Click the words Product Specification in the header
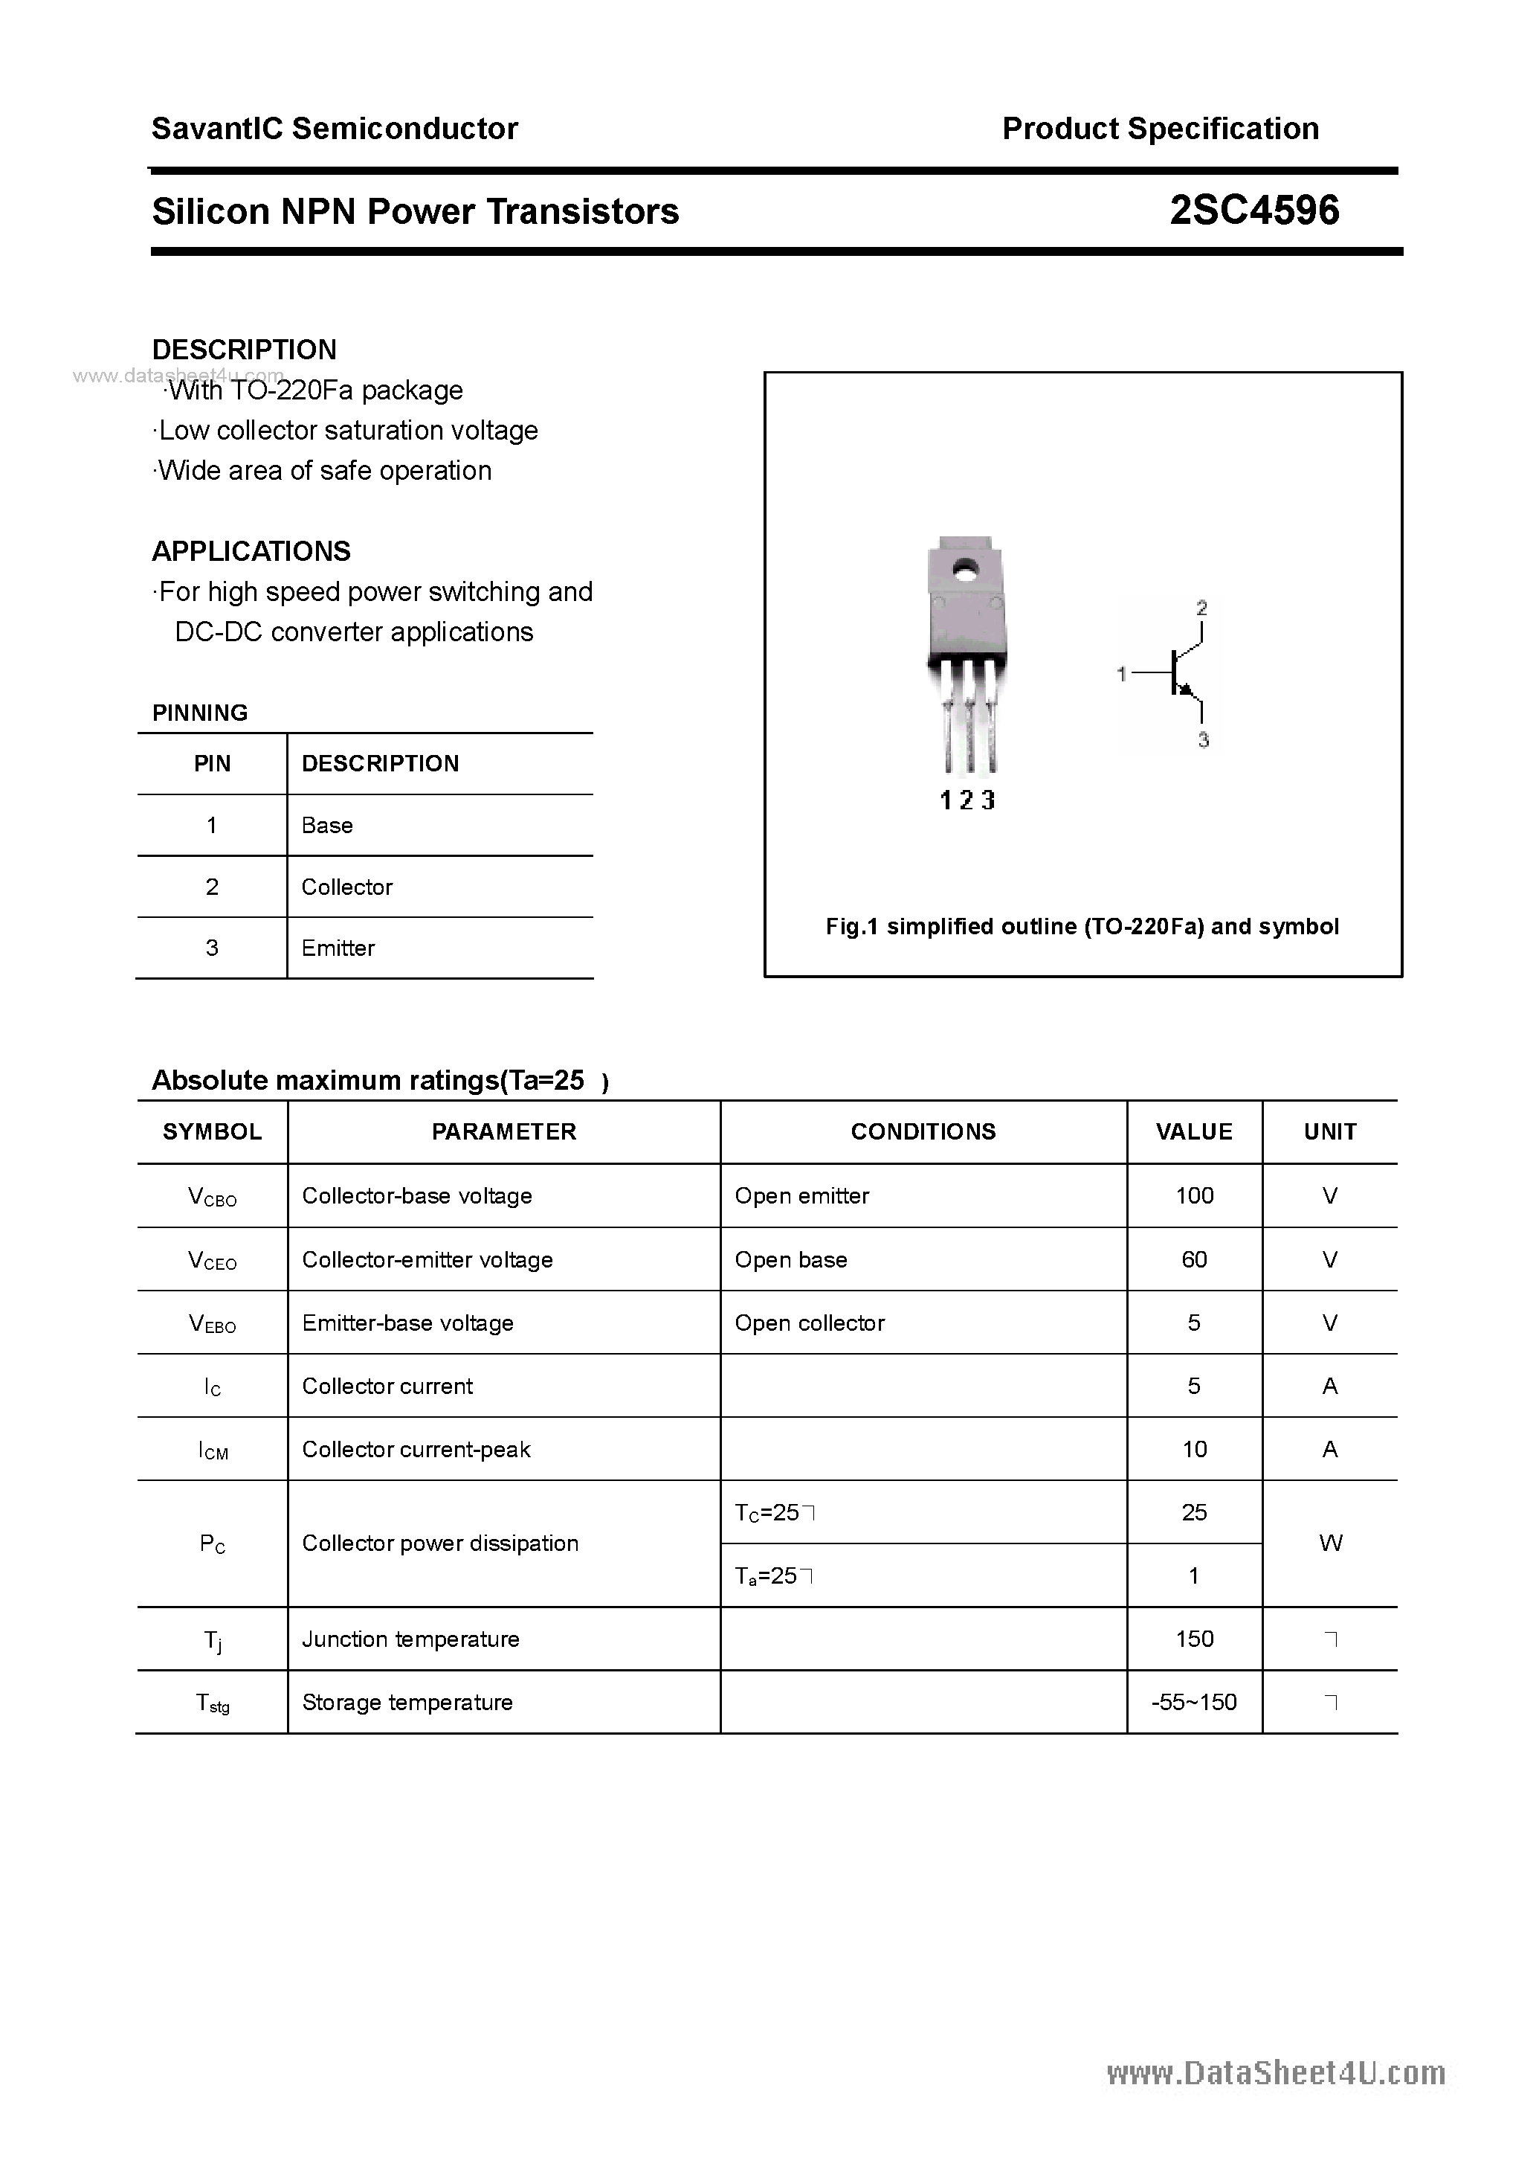(1160, 129)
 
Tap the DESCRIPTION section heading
(245, 350)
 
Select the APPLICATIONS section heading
(251, 551)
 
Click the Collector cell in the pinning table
(346, 887)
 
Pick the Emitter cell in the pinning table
(338, 948)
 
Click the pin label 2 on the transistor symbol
(1201, 607)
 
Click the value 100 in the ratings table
(1194, 1195)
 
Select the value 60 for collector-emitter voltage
(1194, 1259)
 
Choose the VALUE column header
(1194, 1131)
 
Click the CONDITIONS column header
(923, 1131)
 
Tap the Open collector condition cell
(810, 1323)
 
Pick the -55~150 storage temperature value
(1194, 1703)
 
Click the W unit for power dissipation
(1329, 1543)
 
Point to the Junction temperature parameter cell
(410, 1639)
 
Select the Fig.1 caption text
(1082, 927)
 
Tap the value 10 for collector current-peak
(1194, 1449)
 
